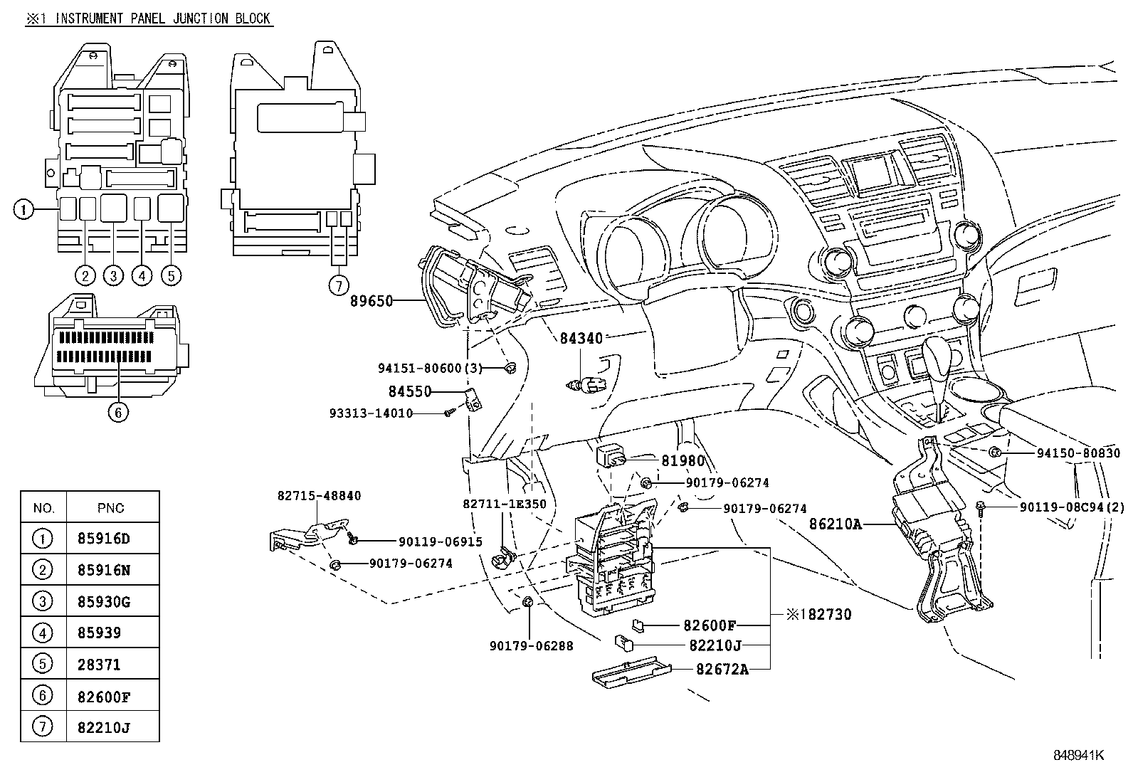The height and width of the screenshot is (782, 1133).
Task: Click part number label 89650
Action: [371, 301]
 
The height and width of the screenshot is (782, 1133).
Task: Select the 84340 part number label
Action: [581, 339]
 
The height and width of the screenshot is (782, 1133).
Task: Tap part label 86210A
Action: [835, 524]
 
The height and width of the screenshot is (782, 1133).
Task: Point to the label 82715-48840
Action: [319, 496]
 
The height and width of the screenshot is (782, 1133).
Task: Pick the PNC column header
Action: [110, 508]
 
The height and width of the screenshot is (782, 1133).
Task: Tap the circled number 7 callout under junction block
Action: [339, 286]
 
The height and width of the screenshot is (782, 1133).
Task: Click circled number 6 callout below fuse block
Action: [118, 411]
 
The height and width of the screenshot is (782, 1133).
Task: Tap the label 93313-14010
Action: [371, 413]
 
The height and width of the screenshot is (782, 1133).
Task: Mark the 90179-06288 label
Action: [531, 646]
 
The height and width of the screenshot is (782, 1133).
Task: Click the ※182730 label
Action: [818, 613]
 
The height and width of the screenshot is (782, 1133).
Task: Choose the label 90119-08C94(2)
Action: [1072, 507]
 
